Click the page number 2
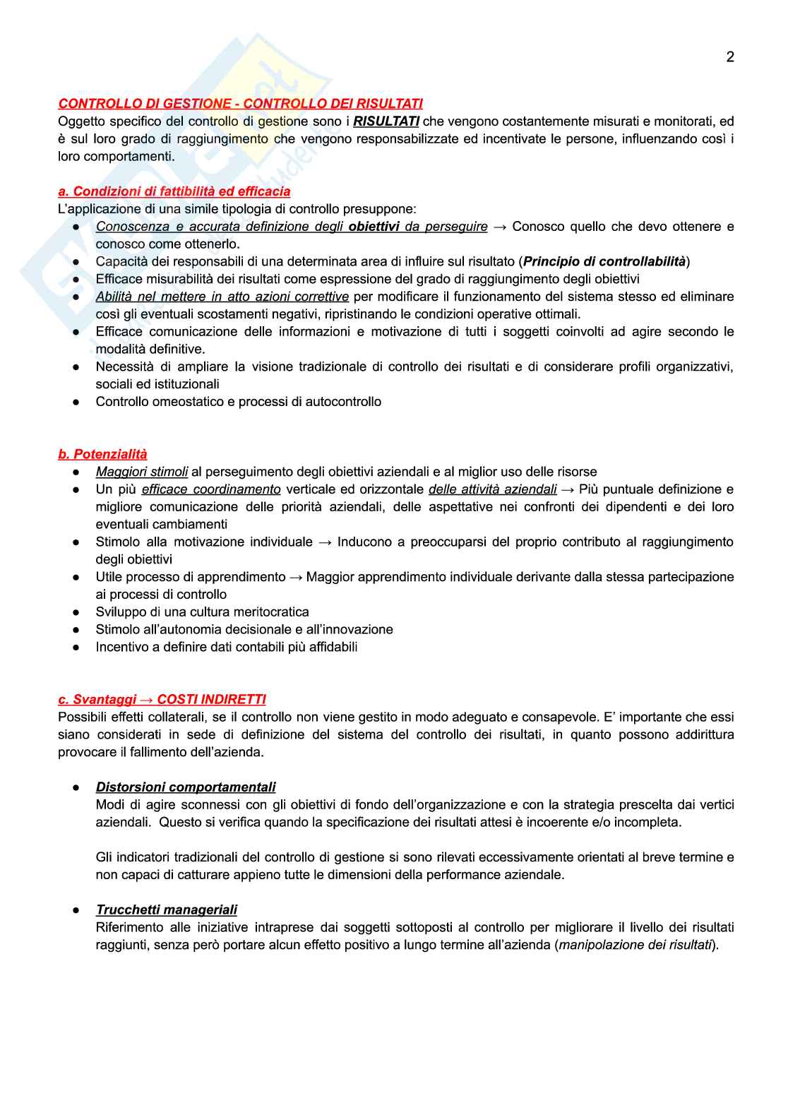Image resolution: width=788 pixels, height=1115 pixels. [730, 57]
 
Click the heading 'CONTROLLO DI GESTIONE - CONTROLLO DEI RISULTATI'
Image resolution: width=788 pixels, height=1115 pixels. [240, 104]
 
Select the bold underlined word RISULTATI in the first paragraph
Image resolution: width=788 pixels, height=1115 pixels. [386, 121]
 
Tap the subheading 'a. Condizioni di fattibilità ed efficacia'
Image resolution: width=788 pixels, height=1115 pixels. [174, 191]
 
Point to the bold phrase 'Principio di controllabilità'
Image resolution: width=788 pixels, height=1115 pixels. [604, 261]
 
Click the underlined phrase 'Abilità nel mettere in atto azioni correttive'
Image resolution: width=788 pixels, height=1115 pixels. [222, 297]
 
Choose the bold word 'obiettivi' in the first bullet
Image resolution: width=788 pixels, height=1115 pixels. [374, 227]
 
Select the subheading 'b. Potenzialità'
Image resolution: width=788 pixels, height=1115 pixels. [102, 454]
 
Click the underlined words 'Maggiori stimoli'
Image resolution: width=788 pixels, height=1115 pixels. [142, 472]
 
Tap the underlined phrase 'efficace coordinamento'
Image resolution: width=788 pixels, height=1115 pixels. [211, 489]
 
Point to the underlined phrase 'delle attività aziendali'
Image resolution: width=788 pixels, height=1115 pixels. [492, 489]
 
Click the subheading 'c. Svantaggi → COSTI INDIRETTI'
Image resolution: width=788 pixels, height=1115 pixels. [162, 699]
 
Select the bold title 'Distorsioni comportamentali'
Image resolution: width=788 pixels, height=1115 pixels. [186, 787]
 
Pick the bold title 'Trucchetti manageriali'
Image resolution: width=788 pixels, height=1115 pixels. [167, 910]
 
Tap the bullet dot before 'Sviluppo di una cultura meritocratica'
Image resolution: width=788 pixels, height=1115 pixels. [76, 612]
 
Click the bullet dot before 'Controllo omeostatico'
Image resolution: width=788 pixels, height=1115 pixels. [76, 402]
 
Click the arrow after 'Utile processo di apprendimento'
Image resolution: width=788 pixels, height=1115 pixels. [295, 577]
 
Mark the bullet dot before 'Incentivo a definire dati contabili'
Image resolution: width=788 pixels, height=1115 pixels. [76, 647]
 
